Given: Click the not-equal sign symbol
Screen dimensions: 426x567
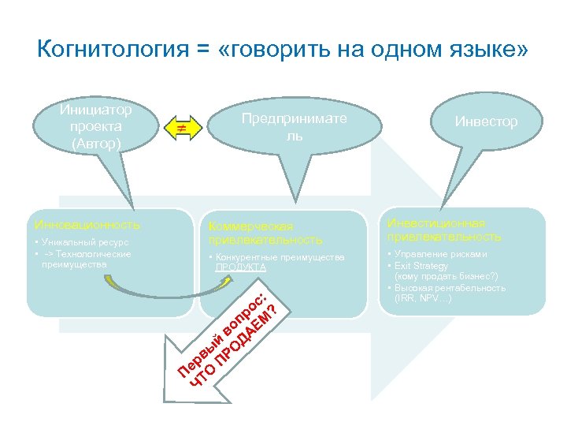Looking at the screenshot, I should tap(180, 127).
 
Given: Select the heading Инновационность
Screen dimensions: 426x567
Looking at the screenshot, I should tap(87, 225).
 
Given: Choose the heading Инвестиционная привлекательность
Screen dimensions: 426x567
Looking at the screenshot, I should tap(443, 230).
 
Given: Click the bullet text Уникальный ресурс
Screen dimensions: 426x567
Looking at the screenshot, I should tap(79, 243).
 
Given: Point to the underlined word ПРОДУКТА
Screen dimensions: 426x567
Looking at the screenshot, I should tap(241, 267).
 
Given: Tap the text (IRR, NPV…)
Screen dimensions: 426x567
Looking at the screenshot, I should tap(422, 298).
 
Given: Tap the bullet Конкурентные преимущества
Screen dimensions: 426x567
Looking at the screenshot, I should tap(276, 257).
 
